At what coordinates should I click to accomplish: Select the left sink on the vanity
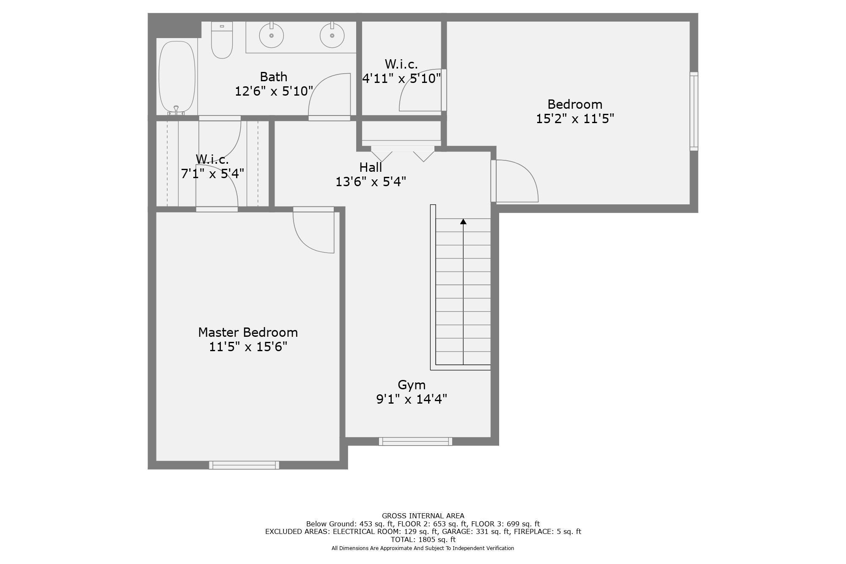click(271, 36)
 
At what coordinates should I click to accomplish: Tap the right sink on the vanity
click(332, 36)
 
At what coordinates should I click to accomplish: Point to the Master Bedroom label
click(248, 333)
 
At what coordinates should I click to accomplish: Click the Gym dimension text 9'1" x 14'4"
click(412, 399)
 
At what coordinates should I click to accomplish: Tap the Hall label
click(371, 168)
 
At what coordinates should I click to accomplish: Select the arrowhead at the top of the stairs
click(463, 222)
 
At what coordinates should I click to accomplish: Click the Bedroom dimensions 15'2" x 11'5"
click(574, 119)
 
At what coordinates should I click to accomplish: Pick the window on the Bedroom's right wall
click(694, 111)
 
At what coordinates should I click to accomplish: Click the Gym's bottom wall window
click(415, 441)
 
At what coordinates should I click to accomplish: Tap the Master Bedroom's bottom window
click(244, 465)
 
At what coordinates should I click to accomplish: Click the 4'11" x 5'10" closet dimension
click(401, 78)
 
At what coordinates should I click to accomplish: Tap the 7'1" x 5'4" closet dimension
click(212, 174)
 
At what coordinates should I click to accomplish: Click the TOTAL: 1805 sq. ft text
click(423, 539)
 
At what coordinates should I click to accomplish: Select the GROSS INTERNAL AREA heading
click(423, 516)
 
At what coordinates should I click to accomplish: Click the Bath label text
click(273, 77)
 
